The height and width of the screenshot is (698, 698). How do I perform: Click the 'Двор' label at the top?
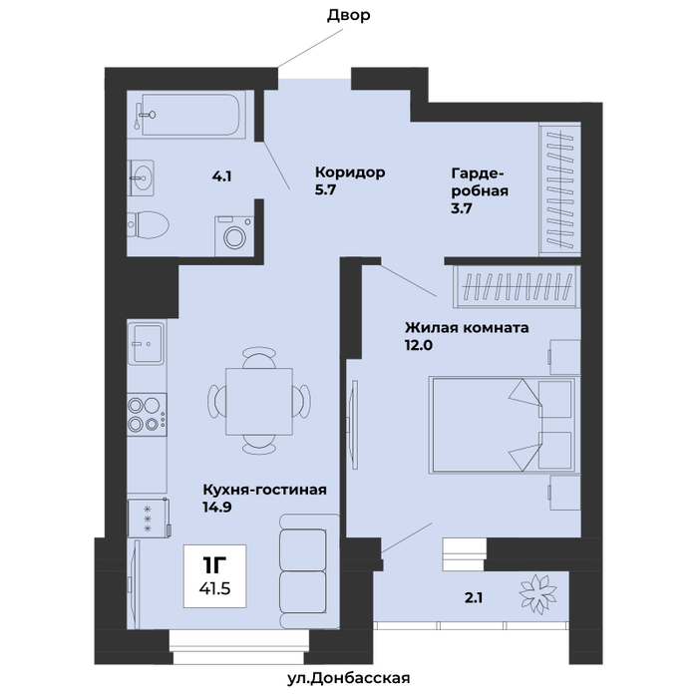[x=349, y=16]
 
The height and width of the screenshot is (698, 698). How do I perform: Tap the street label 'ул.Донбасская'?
[x=349, y=678]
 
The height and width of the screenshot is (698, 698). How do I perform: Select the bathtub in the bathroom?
[x=190, y=114]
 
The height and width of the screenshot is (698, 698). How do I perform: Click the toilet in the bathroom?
[x=148, y=224]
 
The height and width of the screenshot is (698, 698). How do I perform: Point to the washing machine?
[x=234, y=236]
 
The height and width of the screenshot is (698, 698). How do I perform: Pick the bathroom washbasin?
[x=141, y=178]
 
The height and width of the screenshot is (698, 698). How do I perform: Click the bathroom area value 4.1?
[x=221, y=176]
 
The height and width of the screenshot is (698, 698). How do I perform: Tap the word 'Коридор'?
[x=350, y=172]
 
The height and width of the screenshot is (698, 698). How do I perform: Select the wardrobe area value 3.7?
[x=461, y=207]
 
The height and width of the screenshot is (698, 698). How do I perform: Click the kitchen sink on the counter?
[x=146, y=343]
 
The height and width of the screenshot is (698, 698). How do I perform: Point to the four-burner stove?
[x=147, y=414]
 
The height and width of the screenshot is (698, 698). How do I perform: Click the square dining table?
[x=259, y=401]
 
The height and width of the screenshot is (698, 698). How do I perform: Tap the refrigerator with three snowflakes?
[x=149, y=518]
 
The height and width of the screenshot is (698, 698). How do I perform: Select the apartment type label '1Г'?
[x=214, y=565]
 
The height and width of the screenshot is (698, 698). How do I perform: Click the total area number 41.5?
[x=214, y=588]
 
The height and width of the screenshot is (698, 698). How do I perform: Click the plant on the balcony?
[x=537, y=594]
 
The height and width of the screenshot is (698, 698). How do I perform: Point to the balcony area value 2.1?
[x=474, y=598]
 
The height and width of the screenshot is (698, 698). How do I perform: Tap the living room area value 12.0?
[x=419, y=345]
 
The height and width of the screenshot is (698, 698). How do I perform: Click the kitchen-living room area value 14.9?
[x=217, y=507]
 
